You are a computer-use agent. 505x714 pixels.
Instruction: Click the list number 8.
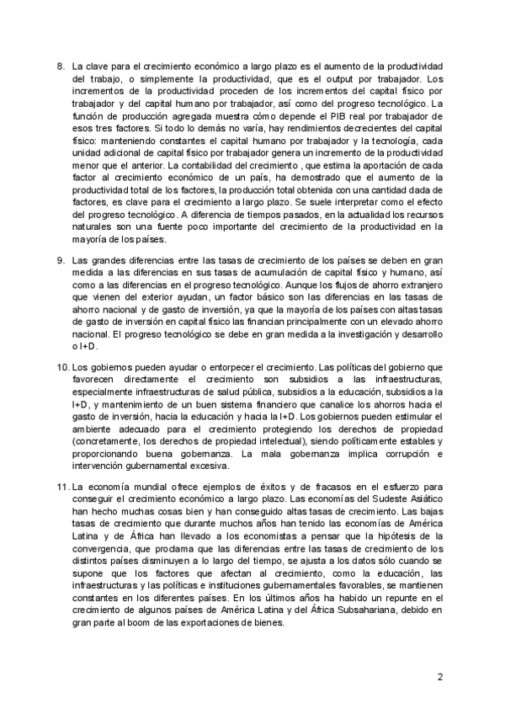click(x=60, y=66)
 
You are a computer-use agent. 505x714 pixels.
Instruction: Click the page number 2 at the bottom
click(x=439, y=677)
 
